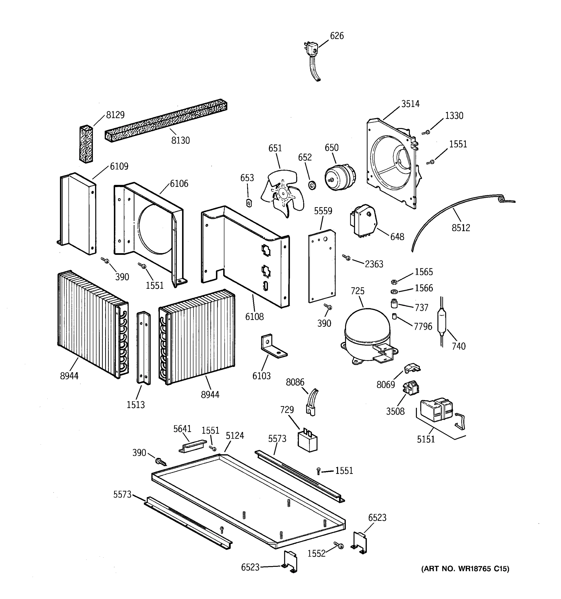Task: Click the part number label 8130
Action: (181, 141)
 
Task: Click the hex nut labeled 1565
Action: (394, 282)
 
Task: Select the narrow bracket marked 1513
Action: (144, 348)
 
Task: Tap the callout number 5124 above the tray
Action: (235, 436)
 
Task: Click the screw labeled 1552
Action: (339, 545)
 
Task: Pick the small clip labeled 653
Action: (249, 203)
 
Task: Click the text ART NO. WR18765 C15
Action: (465, 569)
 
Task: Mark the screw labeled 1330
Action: (426, 132)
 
